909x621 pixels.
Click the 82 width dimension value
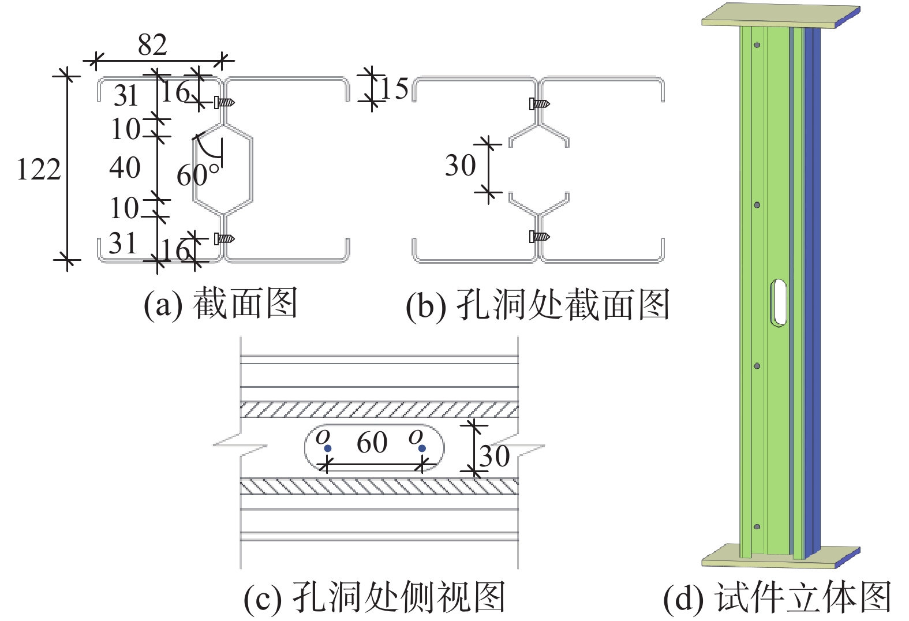coord(152,44)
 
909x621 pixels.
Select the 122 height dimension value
coord(39,170)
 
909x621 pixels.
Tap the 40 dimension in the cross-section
coord(125,168)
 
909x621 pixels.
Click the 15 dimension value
coord(394,89)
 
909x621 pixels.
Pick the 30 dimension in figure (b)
coord(460,166)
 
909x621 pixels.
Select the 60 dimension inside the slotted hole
coord(372,443)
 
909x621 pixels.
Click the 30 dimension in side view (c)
coord(495,457)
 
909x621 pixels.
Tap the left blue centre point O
coord(328,448)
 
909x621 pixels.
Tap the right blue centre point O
coord(422,448)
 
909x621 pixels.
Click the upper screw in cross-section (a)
coord(224,103)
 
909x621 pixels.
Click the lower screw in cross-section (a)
coord(224,238)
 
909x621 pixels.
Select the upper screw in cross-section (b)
coord(539,104)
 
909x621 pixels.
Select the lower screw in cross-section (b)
coord(539,237)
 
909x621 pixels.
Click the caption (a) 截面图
coord(220,304)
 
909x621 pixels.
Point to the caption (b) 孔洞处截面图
coord(537,305)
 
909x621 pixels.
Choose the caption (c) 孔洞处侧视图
coord(375,597)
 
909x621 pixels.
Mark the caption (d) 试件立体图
coord(777,597)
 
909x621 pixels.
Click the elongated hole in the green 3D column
coord(779,303)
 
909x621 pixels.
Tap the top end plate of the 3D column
coord(779,16)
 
